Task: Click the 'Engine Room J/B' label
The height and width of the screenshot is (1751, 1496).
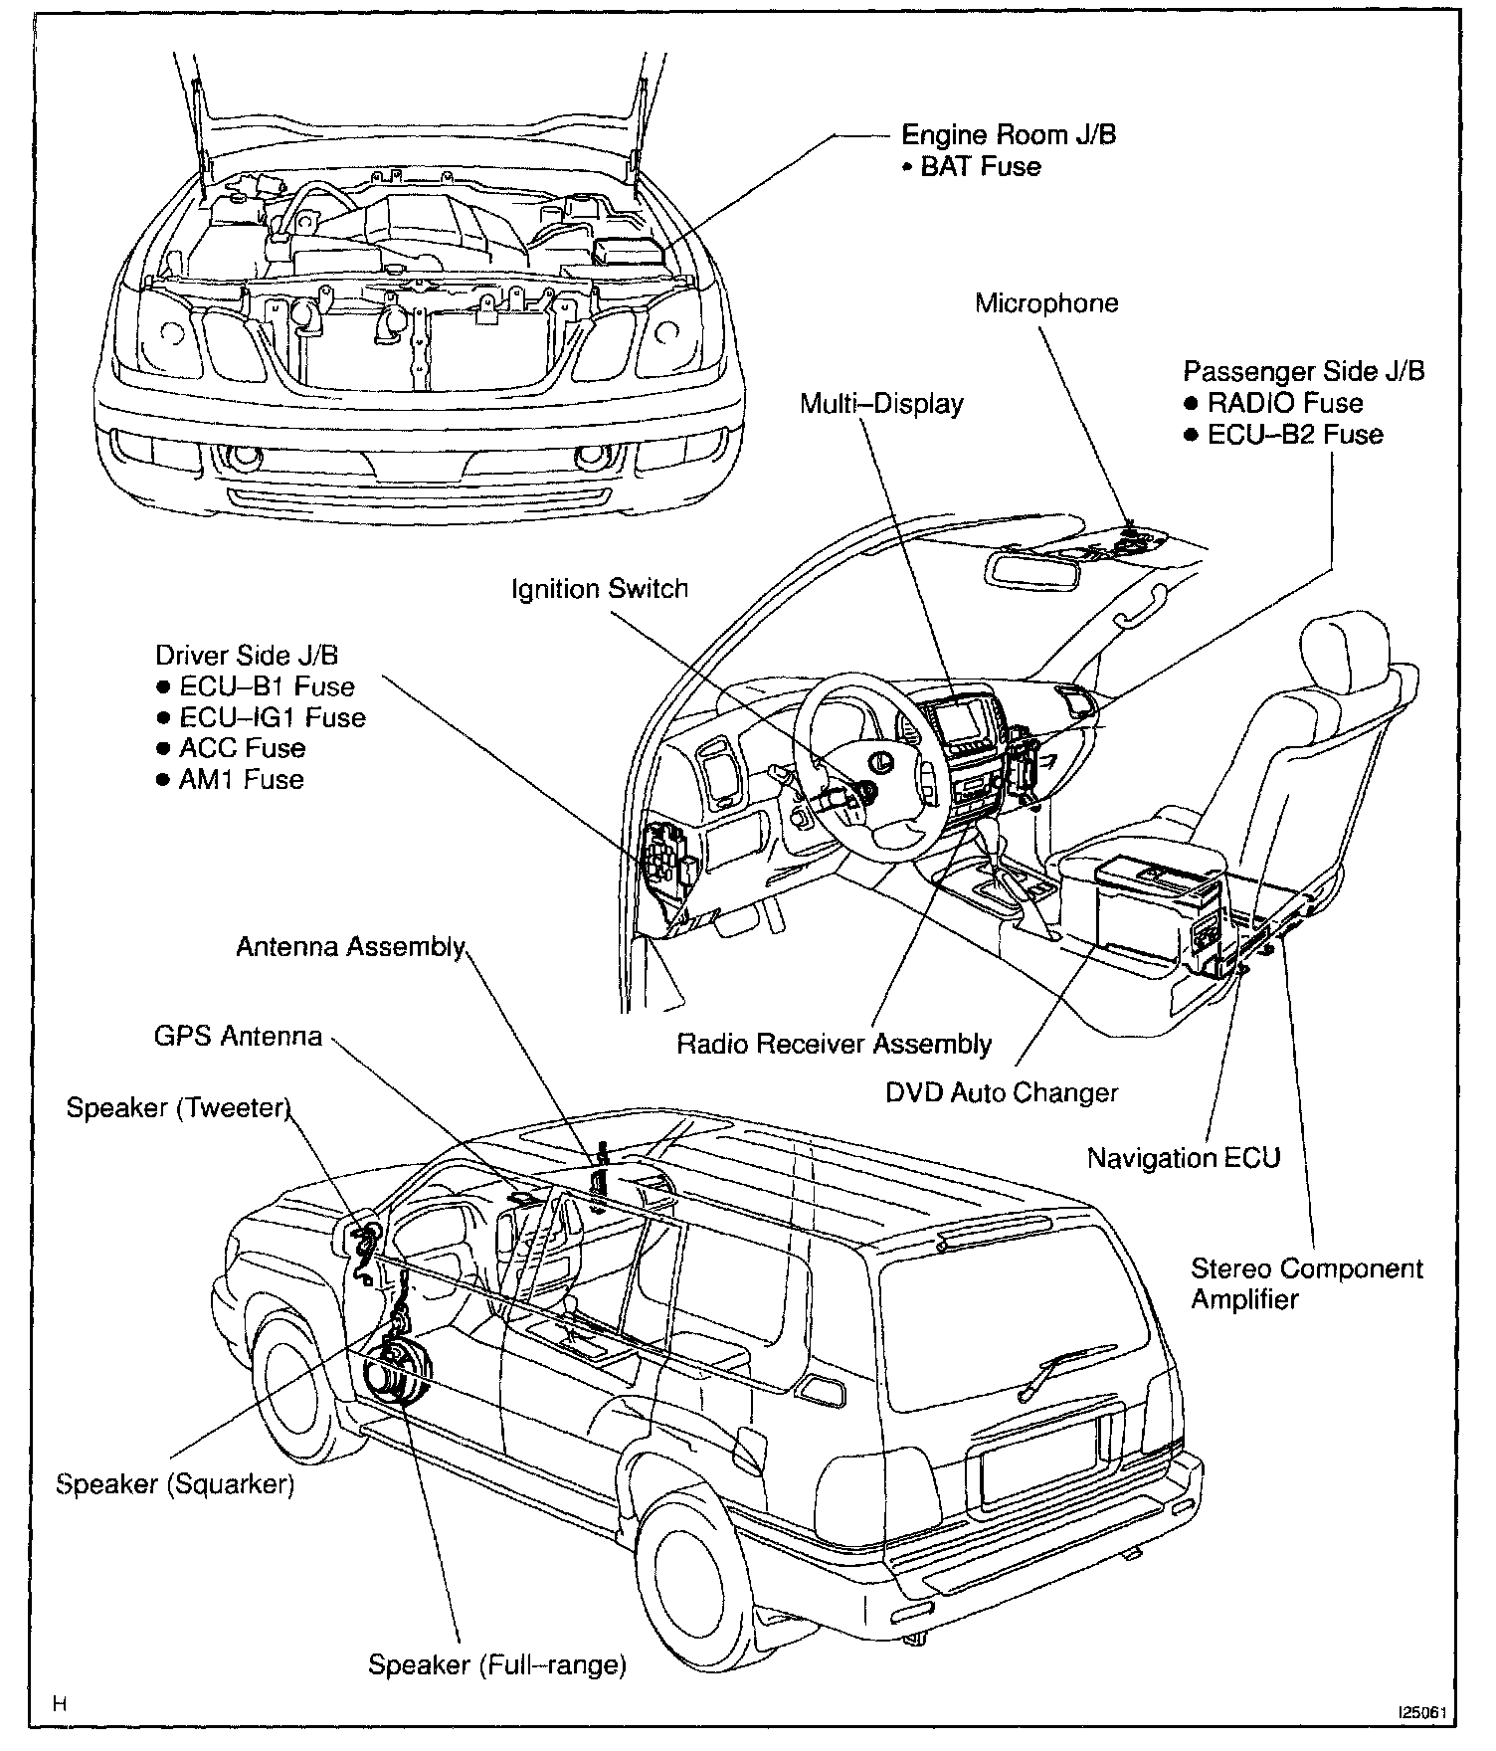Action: pyautogui.click(x=1008, y=134)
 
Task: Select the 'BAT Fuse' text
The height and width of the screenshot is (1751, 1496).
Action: pyautogui.click(x=980, y=166)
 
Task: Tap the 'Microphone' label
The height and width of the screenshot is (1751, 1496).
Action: pyautogui.click(x=1046, y=302)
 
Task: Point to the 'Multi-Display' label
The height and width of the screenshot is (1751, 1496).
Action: pyautogui.click(x=881, y=404)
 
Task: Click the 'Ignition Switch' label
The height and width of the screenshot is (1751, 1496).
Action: pyautogui.click(x=600, y=589)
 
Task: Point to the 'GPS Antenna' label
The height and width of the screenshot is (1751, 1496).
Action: pyautogui.click(x=238, y=1037)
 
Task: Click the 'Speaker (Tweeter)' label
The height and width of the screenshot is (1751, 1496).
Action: pyautogui.click(x=178, y=1108)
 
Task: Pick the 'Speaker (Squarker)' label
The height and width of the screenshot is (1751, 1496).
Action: pyautogui.click(x=175, y=1484)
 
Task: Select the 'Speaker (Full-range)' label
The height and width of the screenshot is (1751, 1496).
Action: pyautogui.click(x=497, y=1664)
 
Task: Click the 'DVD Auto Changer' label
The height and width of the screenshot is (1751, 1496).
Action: pyautogui.click(x=1002, y=1092)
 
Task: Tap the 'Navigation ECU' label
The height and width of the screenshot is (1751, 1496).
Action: pyautogui.click(x=1183, y=1158)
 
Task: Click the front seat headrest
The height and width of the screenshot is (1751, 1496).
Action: pyautogui.click(x=1345, y=648)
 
